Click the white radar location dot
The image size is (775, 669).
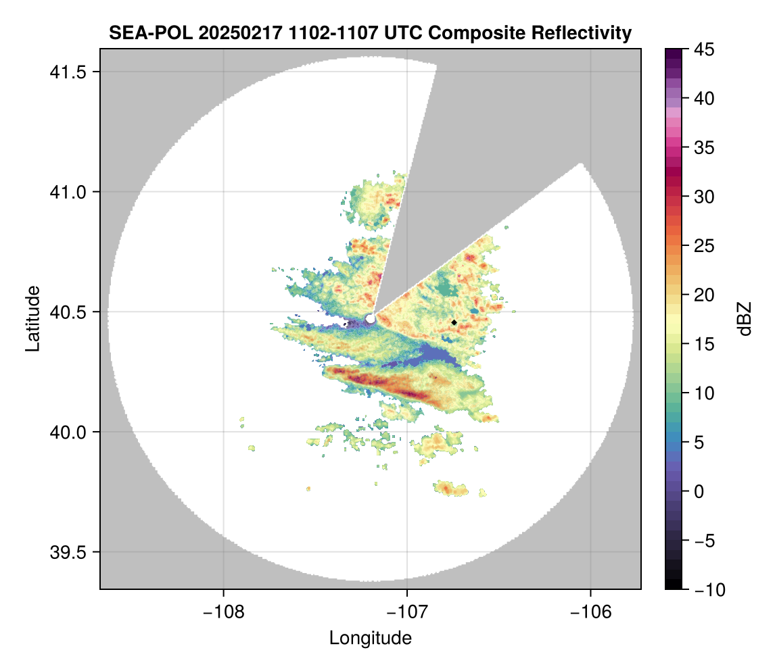pos(370,318)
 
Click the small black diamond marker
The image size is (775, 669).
pos(454,322)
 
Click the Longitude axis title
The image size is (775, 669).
pos(371,637)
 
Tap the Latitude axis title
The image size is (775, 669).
pos(32,318)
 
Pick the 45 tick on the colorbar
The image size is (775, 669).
pos(704,49)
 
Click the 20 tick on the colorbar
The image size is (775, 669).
pos(704,295)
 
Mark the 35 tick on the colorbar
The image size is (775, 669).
pos(704,147)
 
